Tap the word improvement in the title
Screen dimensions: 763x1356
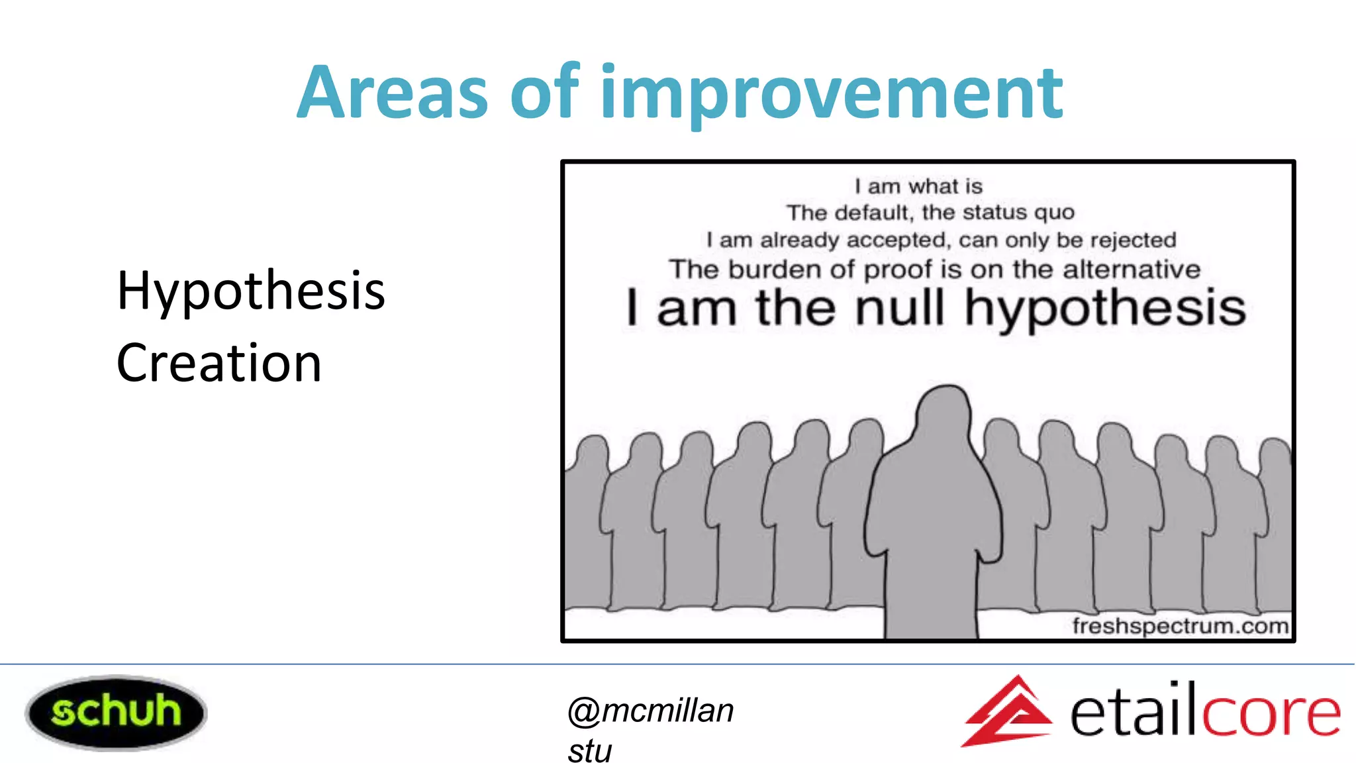coord(831,94)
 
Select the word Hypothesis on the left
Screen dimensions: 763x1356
coord(251,291)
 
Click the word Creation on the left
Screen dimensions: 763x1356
coord(219,364)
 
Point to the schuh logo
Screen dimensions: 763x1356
coord(116,712)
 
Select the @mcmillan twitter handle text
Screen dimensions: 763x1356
coord(651,711)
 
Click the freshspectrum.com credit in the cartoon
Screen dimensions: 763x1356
coord(1180,626)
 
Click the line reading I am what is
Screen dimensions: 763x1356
coord(918,186)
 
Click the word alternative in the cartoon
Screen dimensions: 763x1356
coord(1132,270)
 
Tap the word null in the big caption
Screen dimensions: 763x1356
coord(898,309)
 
